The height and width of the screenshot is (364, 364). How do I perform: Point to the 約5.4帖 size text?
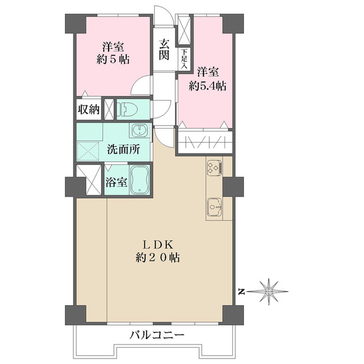pos(207,86)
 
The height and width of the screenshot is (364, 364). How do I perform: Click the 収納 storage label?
pos(89,110)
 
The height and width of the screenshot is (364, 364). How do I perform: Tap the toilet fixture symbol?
pos(130,109)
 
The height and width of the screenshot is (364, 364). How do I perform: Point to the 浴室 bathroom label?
pos(116,181)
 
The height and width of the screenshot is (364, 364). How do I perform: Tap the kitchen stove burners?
pos(215,165)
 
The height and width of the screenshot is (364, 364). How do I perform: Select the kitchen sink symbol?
pos(214,207)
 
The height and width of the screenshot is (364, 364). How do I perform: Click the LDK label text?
pos(159,244)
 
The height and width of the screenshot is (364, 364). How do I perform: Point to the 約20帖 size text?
pos(159,257)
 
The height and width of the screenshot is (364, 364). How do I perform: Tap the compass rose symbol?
pos(268,292)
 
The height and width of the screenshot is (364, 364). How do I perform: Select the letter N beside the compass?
pos(241,292)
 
